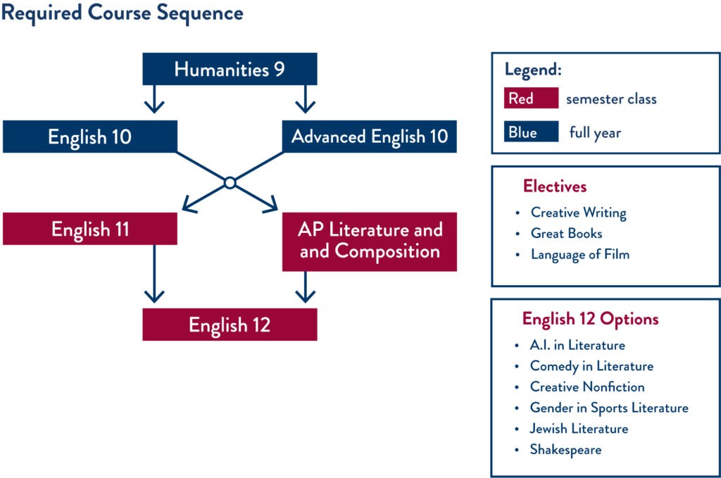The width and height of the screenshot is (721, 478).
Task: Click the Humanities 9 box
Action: pyautogui.click(x=230, y=70)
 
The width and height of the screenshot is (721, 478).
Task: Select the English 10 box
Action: pyautogui.click(x=89, y=137)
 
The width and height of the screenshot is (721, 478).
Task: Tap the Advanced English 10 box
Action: pyautogui.click(x=370, y=137)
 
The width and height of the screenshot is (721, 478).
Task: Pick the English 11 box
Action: pyautogui.click(x=89, y=229)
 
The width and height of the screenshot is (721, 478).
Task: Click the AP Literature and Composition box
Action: pyautogui.click(x=370, y=241)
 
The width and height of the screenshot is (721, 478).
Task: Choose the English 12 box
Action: pyautogui.click(x=230, y=325)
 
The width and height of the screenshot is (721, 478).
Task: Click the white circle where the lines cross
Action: pyautogui.click(x=230, y=183)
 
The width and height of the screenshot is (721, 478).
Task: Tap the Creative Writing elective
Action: pyautogui.click(x=578, y=212)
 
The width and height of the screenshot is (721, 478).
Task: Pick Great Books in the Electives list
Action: pyautogui.click(x=566, y=233)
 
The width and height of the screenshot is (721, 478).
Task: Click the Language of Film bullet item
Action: pyautogui.click(x=579, y=255)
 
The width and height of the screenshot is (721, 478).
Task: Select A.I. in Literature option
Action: pyautogui.click(x=577, y=345)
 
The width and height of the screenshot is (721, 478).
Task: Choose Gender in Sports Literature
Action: pyautogui.click(x=609, y=408)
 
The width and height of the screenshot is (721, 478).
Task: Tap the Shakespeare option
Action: pyautogui.click(x=565, y=449)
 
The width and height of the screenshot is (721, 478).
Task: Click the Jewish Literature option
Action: pyautogui.click(x=579, y=428)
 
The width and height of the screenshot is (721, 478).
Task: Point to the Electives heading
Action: pyautogui.click(x=555, y=187)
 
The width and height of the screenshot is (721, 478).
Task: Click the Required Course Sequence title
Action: pyautogui.click(x=122, y=13)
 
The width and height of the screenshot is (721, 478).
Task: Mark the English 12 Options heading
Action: pyautogui.click(x=590, y=320)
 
